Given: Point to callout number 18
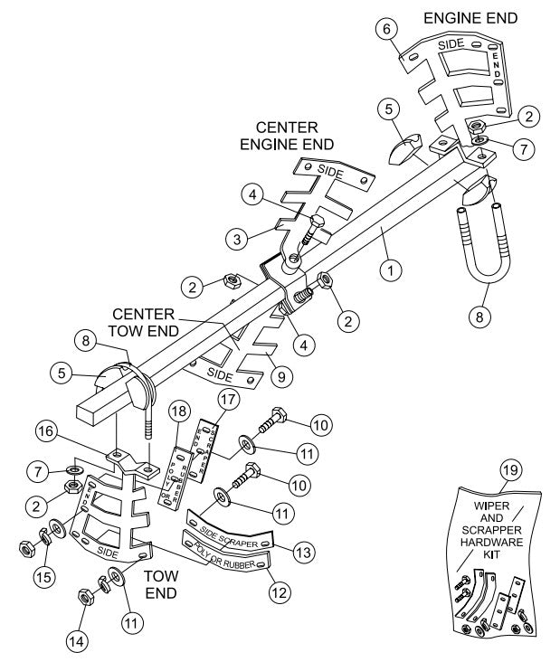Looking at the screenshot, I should click(x=178, y=411).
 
